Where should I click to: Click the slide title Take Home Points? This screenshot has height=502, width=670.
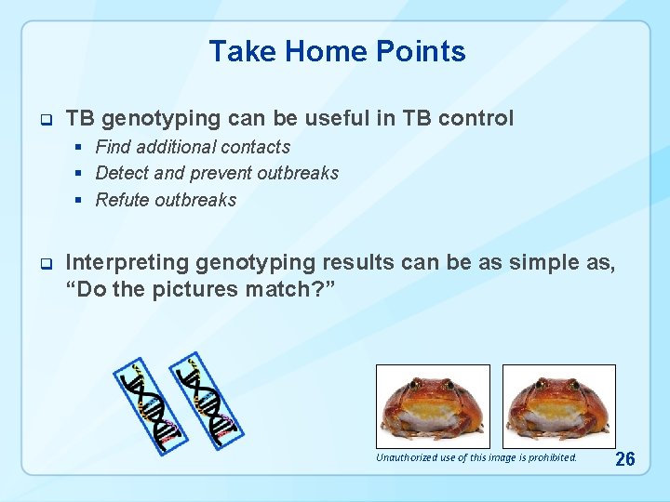tap(337, 51)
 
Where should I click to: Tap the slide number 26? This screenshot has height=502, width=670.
tap(626, 458)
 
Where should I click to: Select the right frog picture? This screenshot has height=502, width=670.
tap(559, 406)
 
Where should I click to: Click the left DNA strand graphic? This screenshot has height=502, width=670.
tap(146, 405)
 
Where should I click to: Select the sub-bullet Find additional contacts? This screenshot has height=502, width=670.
tap(193, 147)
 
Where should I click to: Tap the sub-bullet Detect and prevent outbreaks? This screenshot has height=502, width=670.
tap(217, 173)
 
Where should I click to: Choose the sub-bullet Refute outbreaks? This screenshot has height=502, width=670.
tap(166, 200)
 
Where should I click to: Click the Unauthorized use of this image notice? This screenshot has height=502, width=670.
tap(476, 457)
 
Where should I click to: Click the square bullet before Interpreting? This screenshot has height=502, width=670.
tap(43, 264)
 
